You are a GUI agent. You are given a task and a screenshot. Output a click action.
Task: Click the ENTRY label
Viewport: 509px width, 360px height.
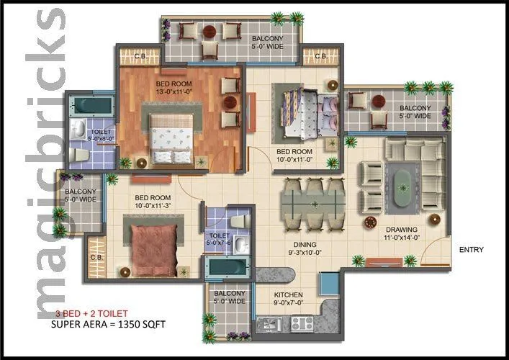(x=471, y=250)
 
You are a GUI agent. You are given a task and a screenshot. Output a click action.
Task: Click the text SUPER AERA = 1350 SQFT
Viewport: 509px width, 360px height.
(x=108, y=325)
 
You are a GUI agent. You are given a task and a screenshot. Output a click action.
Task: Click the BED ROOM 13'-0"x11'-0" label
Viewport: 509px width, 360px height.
(x=173, y=87)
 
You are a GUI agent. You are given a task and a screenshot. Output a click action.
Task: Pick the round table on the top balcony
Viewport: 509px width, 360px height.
(x=210, y=31)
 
